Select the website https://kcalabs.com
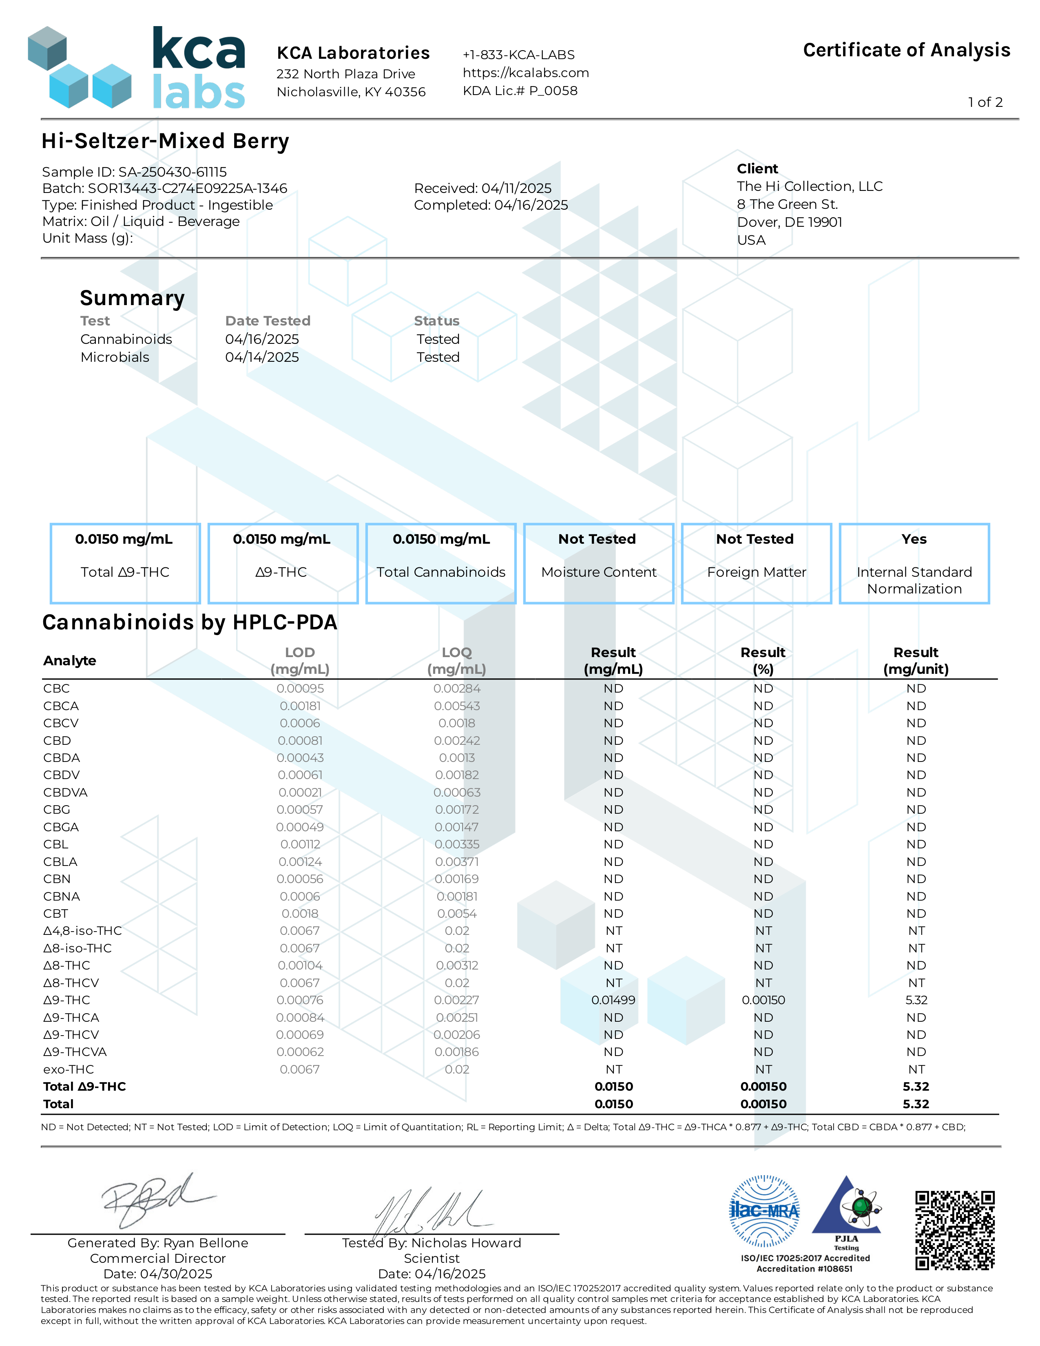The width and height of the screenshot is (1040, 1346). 526,73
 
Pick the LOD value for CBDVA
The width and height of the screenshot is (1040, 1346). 300,793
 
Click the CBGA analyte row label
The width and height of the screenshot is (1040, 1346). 61,827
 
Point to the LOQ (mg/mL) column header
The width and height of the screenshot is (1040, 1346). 456,661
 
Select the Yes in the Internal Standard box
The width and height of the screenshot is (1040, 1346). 914,539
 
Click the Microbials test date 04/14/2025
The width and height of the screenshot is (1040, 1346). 262,357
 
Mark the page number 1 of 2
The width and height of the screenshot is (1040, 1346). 985,102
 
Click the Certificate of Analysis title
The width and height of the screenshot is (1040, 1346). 906,50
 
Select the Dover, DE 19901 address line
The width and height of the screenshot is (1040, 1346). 789,222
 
